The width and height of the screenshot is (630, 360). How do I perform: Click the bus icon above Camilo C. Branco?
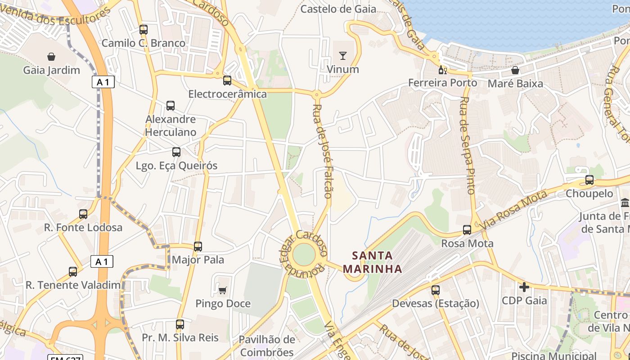pos(144,30)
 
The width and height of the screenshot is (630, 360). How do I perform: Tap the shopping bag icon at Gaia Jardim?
pos(51,57)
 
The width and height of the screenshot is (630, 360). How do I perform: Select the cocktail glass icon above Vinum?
pos(343,56)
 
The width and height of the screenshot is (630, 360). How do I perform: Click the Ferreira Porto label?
pos(442,83)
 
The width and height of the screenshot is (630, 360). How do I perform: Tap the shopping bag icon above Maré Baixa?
pos(515,70)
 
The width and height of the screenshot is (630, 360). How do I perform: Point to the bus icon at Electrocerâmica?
pos(227,81)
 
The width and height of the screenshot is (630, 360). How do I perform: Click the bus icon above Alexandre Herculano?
pos(171,106)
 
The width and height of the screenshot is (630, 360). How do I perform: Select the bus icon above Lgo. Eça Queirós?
pos(176,152)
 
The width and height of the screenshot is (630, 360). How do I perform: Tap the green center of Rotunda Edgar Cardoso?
pos(304,255)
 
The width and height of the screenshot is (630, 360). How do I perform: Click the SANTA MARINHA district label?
pos(372,262)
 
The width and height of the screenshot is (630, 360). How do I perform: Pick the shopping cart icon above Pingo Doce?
pos(222,290)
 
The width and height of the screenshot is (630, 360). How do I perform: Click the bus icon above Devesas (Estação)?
pos(435,290)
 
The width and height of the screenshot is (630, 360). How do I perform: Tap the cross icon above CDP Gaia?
pos(524,287)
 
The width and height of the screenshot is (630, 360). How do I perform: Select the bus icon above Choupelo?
pos(589,180)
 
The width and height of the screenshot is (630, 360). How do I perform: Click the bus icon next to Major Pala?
pos(198,247)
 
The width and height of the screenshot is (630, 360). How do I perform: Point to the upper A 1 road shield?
pos(103,82)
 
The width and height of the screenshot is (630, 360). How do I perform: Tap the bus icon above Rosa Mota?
pos(467,230)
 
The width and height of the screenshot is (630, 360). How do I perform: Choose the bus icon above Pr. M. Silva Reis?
pos(180,324)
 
